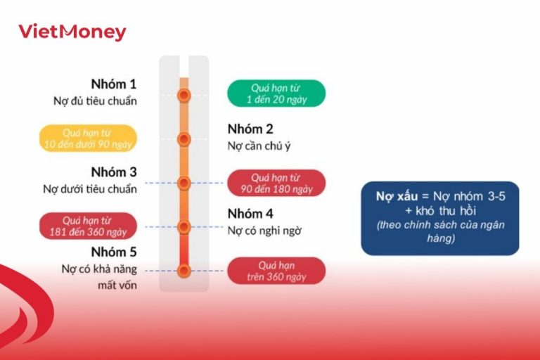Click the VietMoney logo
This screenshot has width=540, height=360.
coord(72,32)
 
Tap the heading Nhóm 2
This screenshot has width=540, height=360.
coord(250,129)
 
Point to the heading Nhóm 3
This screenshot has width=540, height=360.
coord(114,172)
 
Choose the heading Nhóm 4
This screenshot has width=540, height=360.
coord(250,214)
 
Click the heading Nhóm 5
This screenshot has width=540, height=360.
coord(114,252)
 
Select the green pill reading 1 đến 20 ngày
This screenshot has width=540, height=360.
coord(276,94)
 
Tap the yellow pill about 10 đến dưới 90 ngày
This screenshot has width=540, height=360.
coord(88,139)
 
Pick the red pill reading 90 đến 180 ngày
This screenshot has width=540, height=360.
coord(276,183)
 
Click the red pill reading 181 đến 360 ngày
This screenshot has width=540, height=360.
coord(88,226)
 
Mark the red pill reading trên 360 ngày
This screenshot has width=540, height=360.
coord(276,271)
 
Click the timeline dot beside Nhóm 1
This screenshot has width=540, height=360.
coord(184,95)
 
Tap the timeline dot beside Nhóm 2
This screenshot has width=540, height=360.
coord(184,139)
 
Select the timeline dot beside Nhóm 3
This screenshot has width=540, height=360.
coord(184,183)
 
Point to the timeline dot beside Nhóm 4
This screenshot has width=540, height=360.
coord(184,226)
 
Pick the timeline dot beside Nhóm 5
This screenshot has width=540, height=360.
coord(184,270)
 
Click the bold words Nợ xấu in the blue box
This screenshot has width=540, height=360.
coord(392,198)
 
